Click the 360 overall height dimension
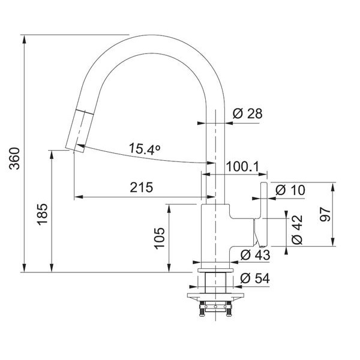[x=14, y=158]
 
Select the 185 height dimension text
[x=43, y=214]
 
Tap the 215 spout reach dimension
[x=142, y=187]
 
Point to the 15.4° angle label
[x=145, y=149]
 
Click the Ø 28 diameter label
[x=247, y=113]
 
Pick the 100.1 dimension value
[x=242, y=166]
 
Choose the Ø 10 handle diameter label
[x=290, y=190]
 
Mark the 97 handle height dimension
[x=325, y=214]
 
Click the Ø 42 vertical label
[x=298, y=230]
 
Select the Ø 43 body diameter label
[x=256, y=255]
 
